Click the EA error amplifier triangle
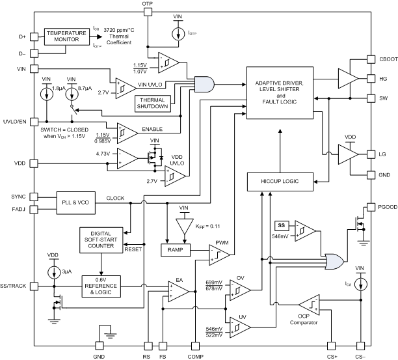click(176, 286)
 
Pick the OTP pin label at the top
click(148, 5)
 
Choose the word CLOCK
click(114, 199)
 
